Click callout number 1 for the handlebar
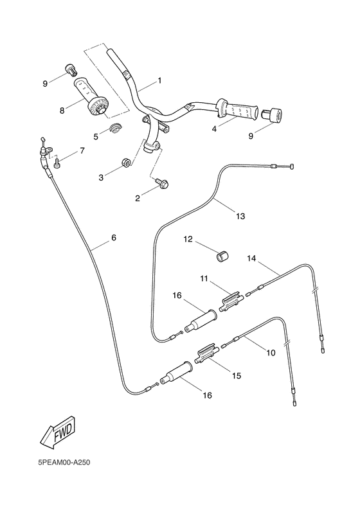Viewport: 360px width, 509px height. pos(159,81)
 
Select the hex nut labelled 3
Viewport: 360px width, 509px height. pos(126,162)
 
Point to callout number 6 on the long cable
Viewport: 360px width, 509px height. pos(114,238)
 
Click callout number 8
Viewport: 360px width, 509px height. pos(62,111)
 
